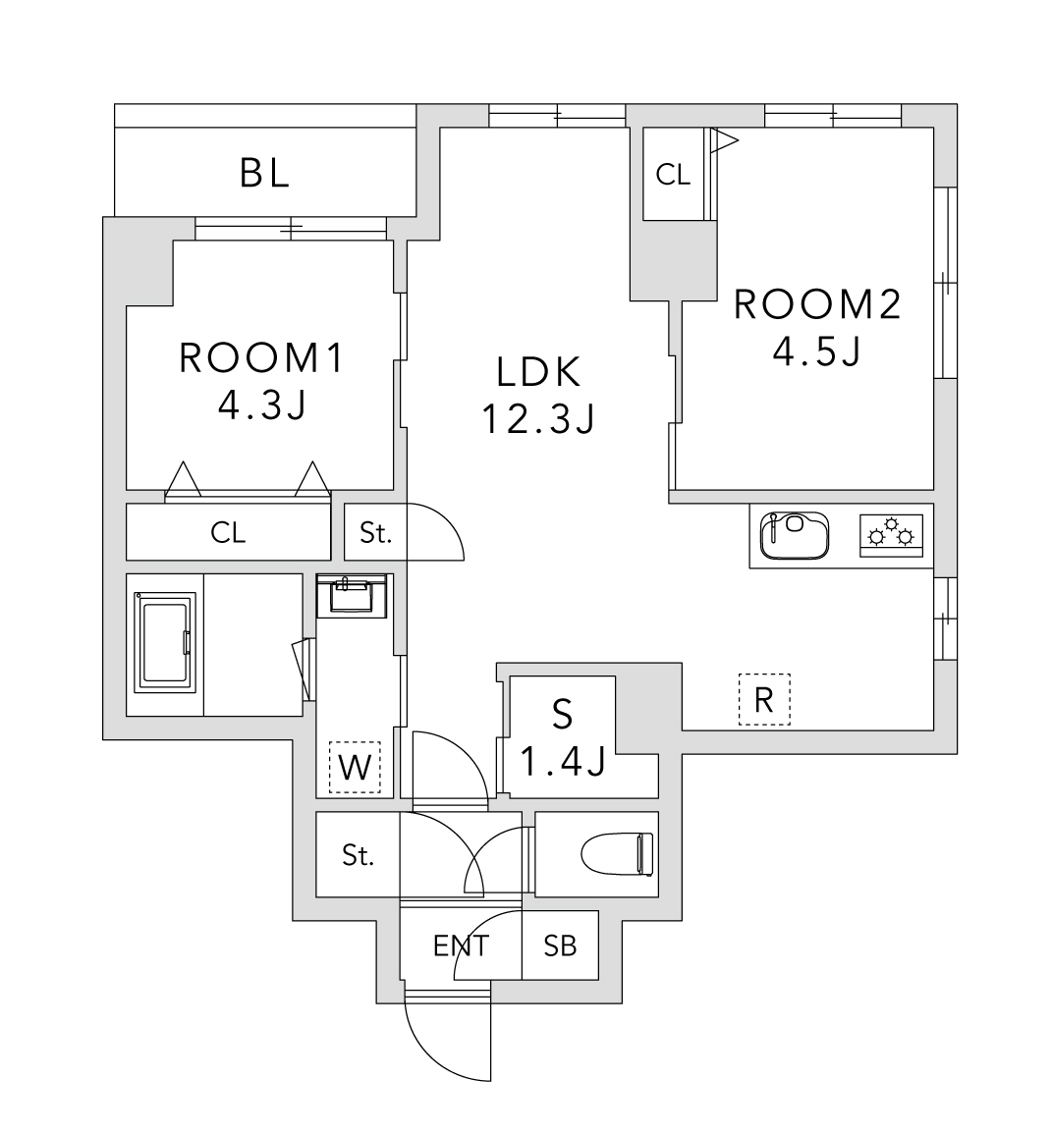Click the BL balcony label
click(x=264, y=174)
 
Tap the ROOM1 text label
click(x=261, y=359)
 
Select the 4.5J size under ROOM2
click(x=816, y=351)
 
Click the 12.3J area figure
click(x=539, y=419)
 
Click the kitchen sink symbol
click(x=795, y=535)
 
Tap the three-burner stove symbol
click(x=892, y=535)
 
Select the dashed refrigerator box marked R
click(x=764, y=699)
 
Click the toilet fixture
click(x=616, y=853)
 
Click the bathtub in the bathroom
click(x=165, y=644)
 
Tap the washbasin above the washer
click(x=353, y=595)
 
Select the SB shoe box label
click(x=560, y=945)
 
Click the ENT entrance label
click(x=461, y=945)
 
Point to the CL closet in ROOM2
click(x=674, y=175)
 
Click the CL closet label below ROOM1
click(x=228, y=533)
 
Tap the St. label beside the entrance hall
click(x=359, y=855)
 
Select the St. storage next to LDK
click(x=375, y=533)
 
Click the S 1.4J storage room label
click(x=562, y=736)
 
